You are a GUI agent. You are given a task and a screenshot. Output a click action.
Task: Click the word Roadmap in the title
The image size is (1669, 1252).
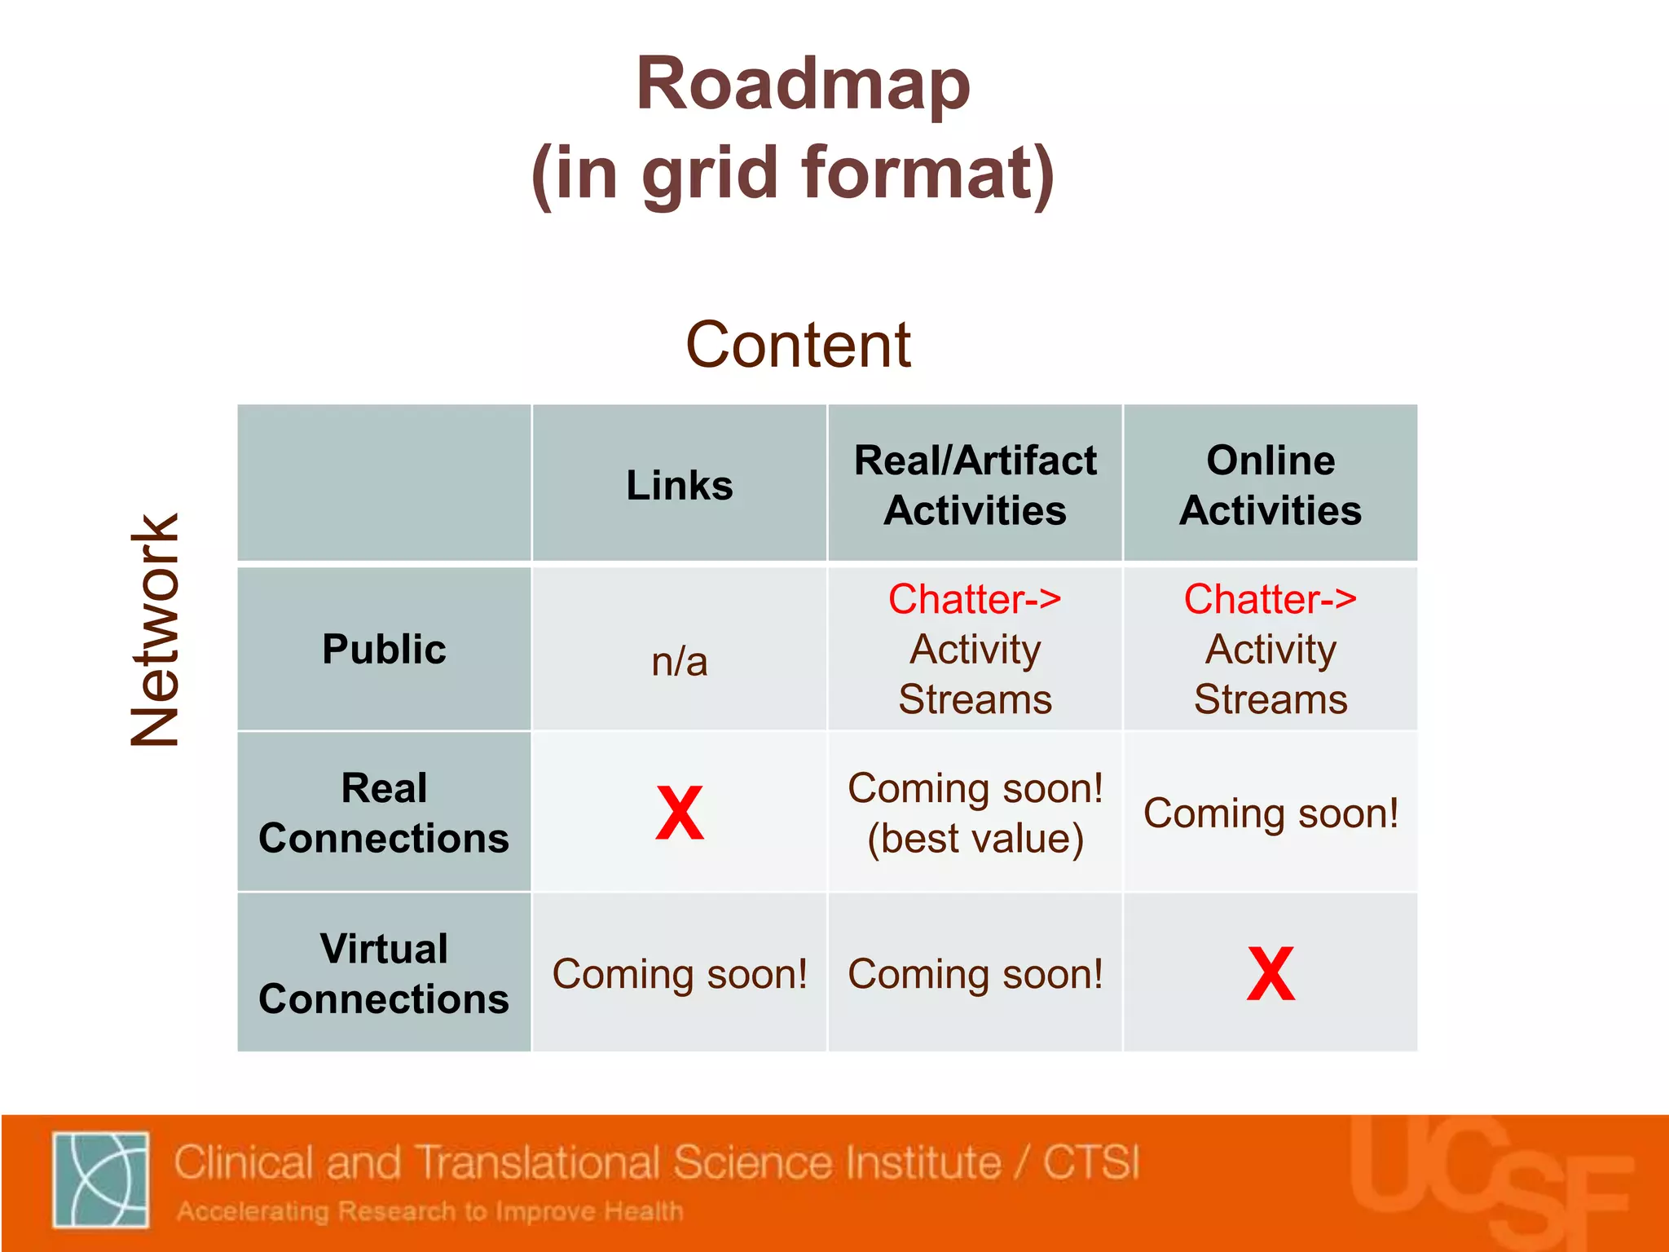803,85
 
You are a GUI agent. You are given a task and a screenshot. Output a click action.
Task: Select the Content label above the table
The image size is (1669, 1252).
798,345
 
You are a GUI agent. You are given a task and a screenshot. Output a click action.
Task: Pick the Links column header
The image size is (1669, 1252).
680,485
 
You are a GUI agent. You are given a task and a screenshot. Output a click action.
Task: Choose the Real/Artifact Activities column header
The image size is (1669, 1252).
975,485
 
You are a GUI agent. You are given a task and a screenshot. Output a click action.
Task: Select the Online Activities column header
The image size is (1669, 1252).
1270,485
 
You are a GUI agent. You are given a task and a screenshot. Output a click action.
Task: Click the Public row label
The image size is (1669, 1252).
384,650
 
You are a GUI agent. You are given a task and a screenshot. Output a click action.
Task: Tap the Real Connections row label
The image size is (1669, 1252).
384,813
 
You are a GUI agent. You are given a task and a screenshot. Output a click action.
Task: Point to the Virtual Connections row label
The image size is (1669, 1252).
384,973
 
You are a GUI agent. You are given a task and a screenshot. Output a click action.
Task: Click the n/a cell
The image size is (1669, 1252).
680,661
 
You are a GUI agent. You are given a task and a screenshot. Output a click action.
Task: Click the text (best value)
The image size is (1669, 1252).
975,839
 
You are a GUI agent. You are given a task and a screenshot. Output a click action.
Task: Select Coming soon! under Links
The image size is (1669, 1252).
680,974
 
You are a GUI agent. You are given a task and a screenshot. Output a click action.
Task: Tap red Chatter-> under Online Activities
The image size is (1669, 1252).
1270,599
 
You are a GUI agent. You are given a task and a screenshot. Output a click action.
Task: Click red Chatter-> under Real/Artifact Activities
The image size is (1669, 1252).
975,599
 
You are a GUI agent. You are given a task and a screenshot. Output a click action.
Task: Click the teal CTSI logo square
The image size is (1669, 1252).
101,1179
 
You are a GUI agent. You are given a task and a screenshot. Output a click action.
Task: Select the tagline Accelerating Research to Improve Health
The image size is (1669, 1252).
430,1211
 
